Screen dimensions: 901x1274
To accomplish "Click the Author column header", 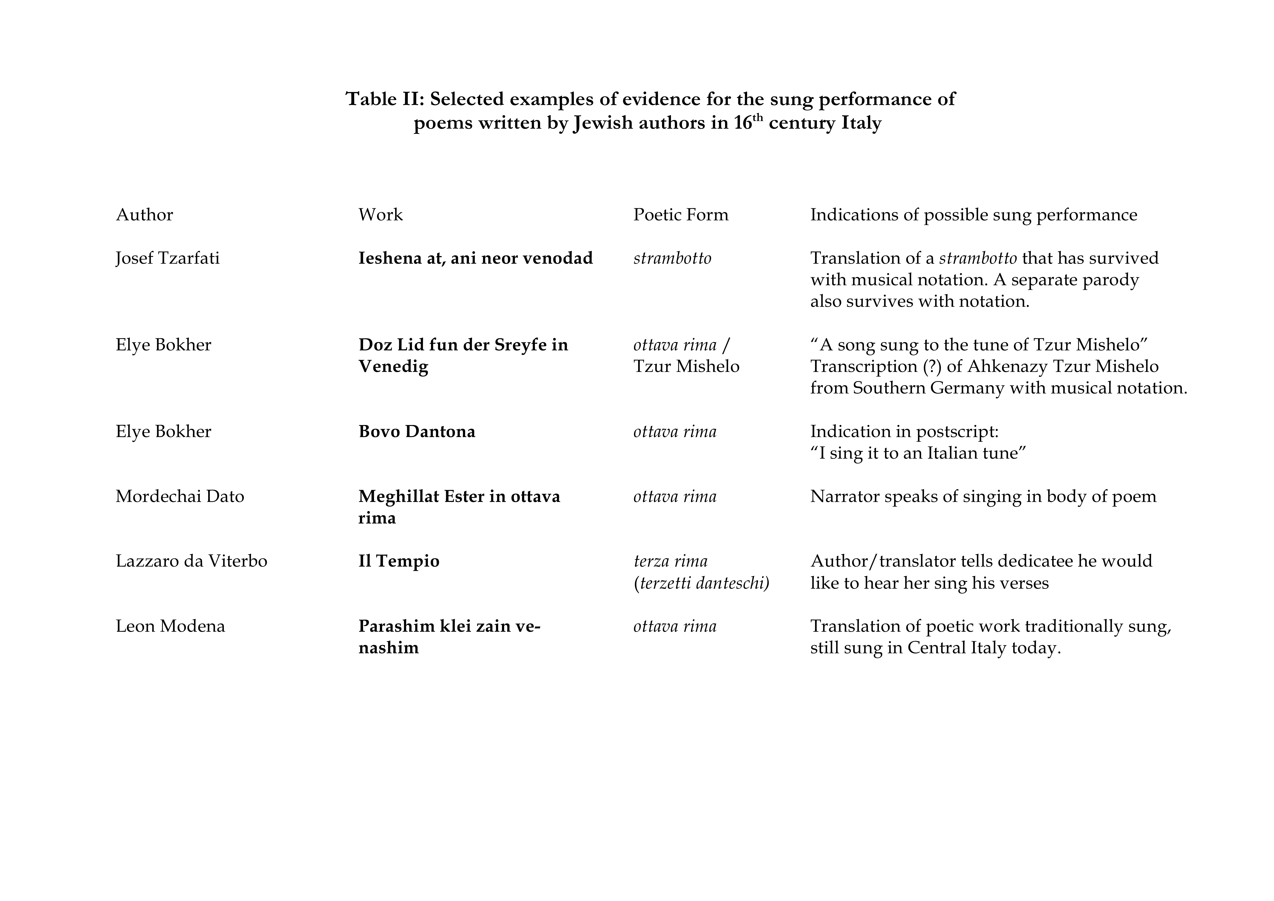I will tap(144, 215).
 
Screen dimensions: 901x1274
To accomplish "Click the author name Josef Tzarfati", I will tap(168, 258).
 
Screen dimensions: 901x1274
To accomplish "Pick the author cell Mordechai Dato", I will tap(180, 496).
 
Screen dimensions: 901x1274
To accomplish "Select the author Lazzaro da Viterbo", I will tap(192, 561).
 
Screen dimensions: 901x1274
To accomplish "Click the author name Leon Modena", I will tap(170, 626).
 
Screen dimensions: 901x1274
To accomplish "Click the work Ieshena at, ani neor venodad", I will tap(476, 258).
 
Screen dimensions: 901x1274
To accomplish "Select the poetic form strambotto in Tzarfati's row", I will tap(672, 258).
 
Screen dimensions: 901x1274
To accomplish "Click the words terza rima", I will tap(670, 561).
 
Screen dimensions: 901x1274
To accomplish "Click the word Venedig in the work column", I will tap(393, 367).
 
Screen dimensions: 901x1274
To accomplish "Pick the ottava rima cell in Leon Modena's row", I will tap(675, 626).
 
